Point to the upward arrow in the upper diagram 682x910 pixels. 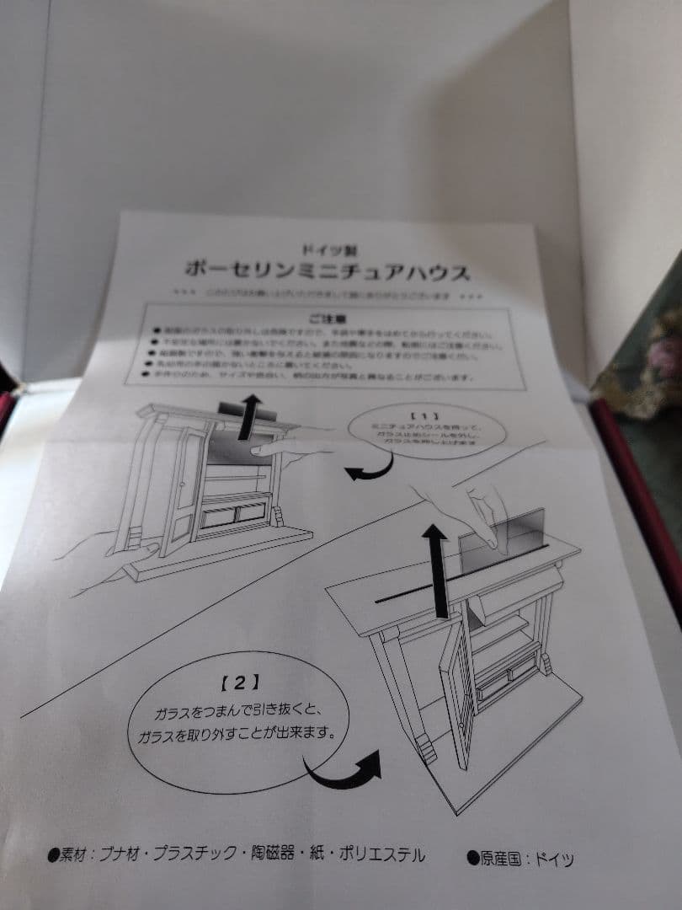point(247,418)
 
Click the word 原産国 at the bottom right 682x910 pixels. point(503,859)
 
